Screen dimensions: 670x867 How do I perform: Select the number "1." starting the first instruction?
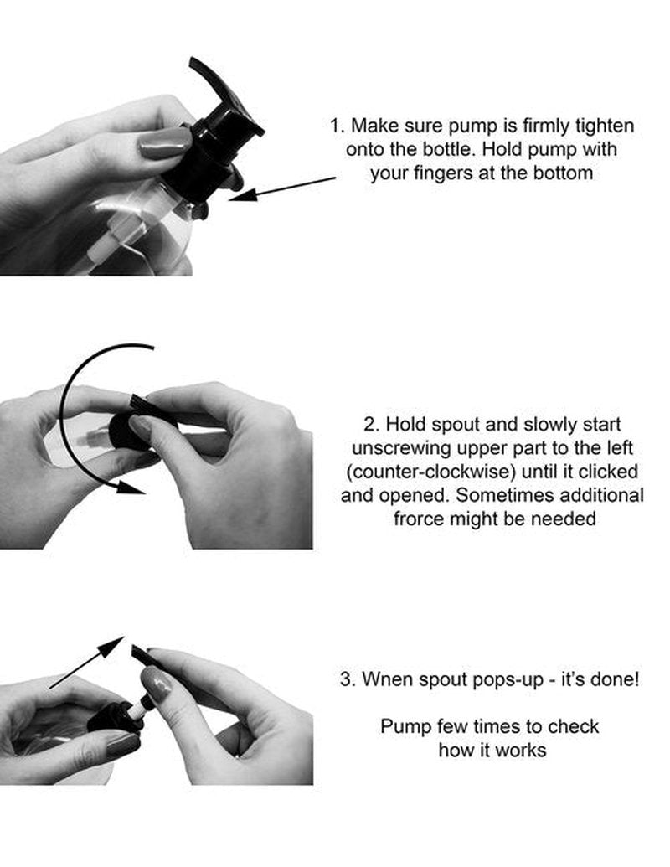click(x=338, y=126)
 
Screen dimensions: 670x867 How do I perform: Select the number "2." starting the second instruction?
click(x=372, y=425)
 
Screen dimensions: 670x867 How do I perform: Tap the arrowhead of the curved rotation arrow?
click(x=131, y=487)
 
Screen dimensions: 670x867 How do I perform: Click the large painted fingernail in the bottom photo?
click(x=157, y=684)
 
